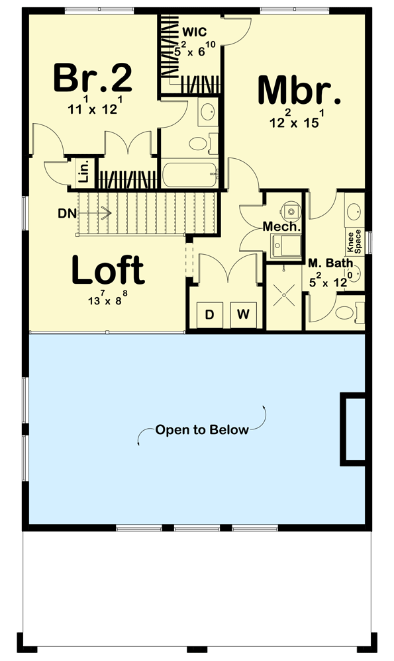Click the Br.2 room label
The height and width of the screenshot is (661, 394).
coord(93,77)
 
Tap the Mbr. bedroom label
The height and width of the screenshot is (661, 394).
coord(299,91)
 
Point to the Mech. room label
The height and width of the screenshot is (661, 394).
coord(282,226)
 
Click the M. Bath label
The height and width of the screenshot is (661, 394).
coord(330,263)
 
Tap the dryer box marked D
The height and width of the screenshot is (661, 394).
coord(209,314)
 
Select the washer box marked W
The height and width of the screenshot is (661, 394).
coord(243,314)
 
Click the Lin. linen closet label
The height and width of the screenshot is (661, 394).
coord(84,173)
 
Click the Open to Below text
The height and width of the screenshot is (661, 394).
coord(202,430)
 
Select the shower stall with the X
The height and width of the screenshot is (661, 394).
coord(285,295)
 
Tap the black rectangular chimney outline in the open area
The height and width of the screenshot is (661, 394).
coord(354,429)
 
